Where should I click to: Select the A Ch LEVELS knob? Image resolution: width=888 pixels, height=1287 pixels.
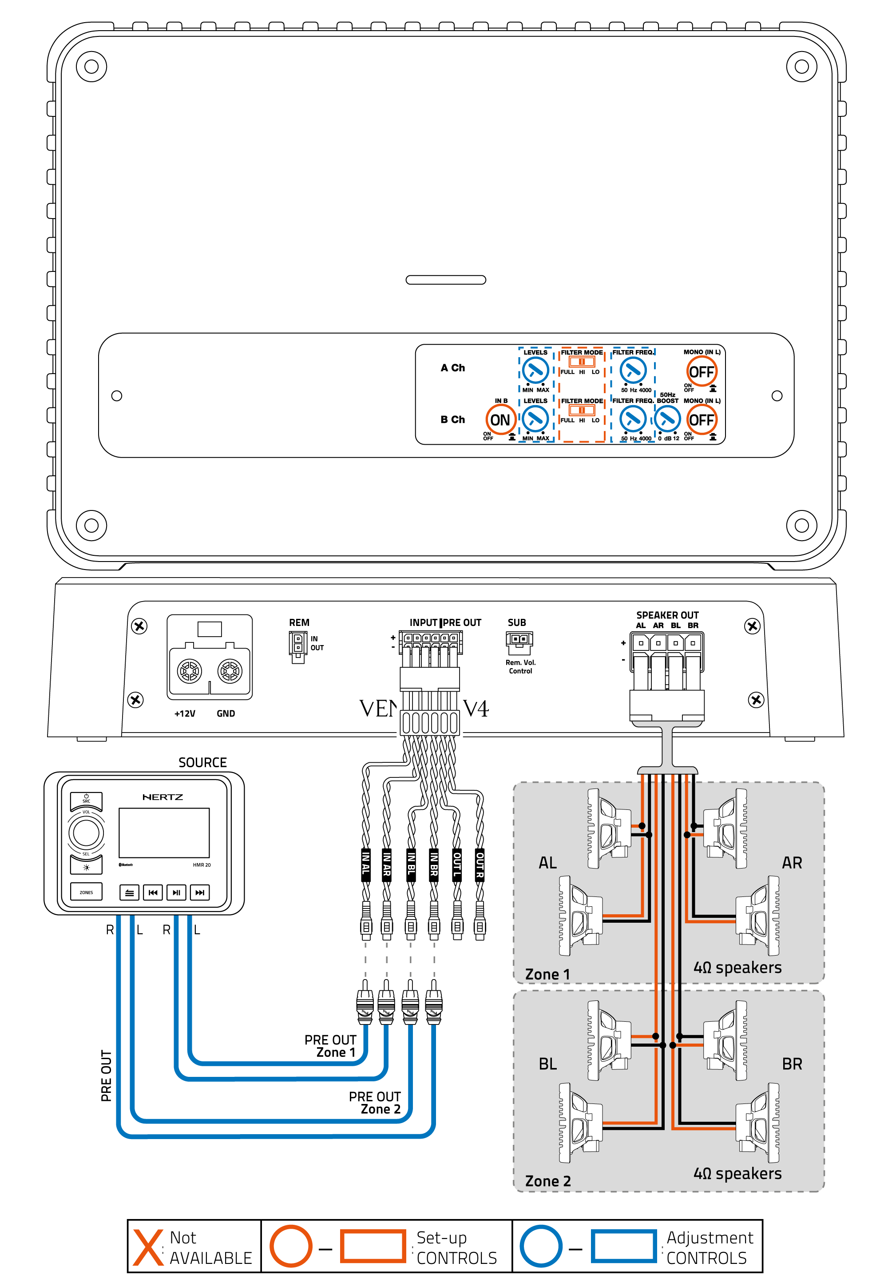(x=535, y=370)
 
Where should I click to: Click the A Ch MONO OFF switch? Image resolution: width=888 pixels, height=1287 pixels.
(x=701, y=371)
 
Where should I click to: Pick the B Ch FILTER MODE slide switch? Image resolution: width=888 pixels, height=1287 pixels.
(x=582, y=410)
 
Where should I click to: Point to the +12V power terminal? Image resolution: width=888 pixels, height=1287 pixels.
(x=189, y=671)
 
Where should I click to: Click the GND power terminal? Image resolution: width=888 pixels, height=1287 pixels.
(x=230, y=671)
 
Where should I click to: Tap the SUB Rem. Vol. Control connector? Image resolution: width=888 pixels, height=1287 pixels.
(x=519, y=642)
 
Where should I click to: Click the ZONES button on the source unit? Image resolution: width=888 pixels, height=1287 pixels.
(x=86, y=893)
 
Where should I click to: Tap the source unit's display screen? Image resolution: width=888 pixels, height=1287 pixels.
(x=164, y=833)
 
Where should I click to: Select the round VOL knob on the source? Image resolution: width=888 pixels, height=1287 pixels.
(x=86, y=833)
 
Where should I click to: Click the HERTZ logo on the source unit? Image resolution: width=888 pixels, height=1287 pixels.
(x=163, y=797)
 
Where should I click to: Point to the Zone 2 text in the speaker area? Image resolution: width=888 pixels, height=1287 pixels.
(x=547, y=1181)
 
